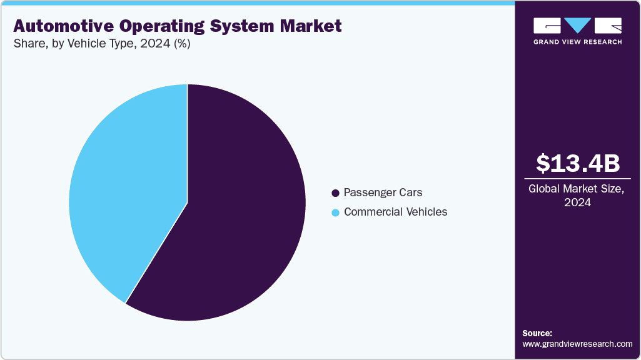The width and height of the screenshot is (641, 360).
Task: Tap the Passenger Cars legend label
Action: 383,192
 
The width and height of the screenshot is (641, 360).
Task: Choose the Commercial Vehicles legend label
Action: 395,212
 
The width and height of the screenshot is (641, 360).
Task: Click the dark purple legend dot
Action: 336,193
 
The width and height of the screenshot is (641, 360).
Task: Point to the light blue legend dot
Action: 336,212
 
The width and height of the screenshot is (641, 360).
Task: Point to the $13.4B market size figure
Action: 578,163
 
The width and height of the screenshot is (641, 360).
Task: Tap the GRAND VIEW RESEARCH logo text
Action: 578,42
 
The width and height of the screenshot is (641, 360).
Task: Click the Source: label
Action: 537,333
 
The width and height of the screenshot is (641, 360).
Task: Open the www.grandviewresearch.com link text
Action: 577,344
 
